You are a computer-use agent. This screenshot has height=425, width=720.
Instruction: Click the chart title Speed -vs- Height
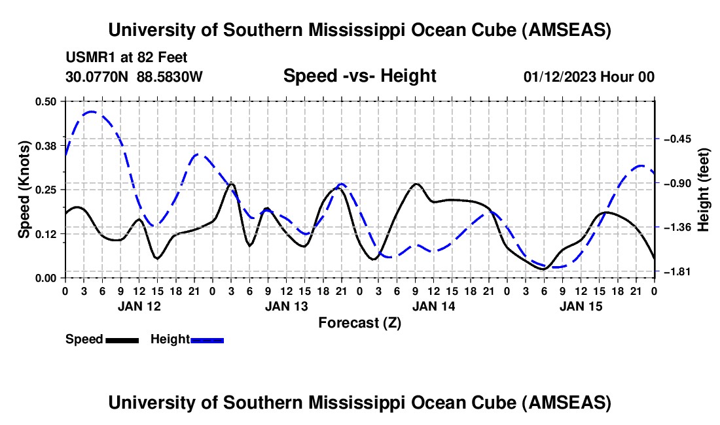coord(359,76)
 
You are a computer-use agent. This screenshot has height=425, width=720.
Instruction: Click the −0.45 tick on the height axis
coord(678,139)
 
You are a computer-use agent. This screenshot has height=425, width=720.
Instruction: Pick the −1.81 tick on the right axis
coord(678,271)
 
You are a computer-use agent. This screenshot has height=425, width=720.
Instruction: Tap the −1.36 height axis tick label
coord(678,228)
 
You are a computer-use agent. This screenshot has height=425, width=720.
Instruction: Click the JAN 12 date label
coord(138,306)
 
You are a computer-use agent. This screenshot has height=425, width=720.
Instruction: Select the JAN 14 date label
coord(433,306)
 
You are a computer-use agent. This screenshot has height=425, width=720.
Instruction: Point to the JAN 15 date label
coord(580,306)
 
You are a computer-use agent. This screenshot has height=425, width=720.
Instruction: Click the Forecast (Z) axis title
coord(359,322)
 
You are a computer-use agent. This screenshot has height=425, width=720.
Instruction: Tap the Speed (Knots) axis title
coord(24,189)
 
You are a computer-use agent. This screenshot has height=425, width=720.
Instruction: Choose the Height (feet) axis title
coord(704,189)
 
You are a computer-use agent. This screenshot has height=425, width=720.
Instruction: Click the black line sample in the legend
coord(122,340)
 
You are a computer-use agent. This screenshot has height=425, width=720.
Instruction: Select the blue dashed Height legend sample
coord(207,340)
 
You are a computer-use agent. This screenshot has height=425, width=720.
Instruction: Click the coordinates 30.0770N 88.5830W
coord(134,76)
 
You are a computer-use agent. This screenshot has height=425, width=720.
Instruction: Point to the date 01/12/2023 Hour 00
coord(588,76)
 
